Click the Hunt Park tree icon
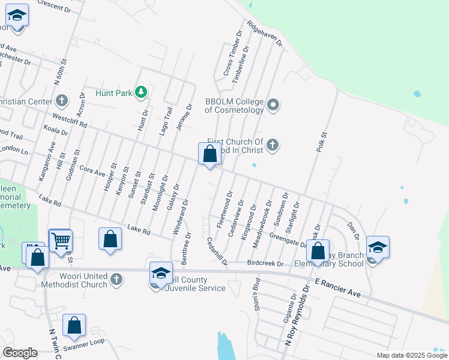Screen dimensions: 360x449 (x=141, y=92)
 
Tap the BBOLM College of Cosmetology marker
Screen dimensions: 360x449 (x=273, y=106)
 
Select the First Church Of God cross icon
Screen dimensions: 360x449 (x=273, y=145)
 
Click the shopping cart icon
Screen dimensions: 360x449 (x=61, y=241)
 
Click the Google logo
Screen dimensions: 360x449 (x=20, y=353)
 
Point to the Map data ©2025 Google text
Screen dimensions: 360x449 (x=411, y=355)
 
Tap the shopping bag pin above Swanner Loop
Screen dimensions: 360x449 (x=74, y=325)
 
